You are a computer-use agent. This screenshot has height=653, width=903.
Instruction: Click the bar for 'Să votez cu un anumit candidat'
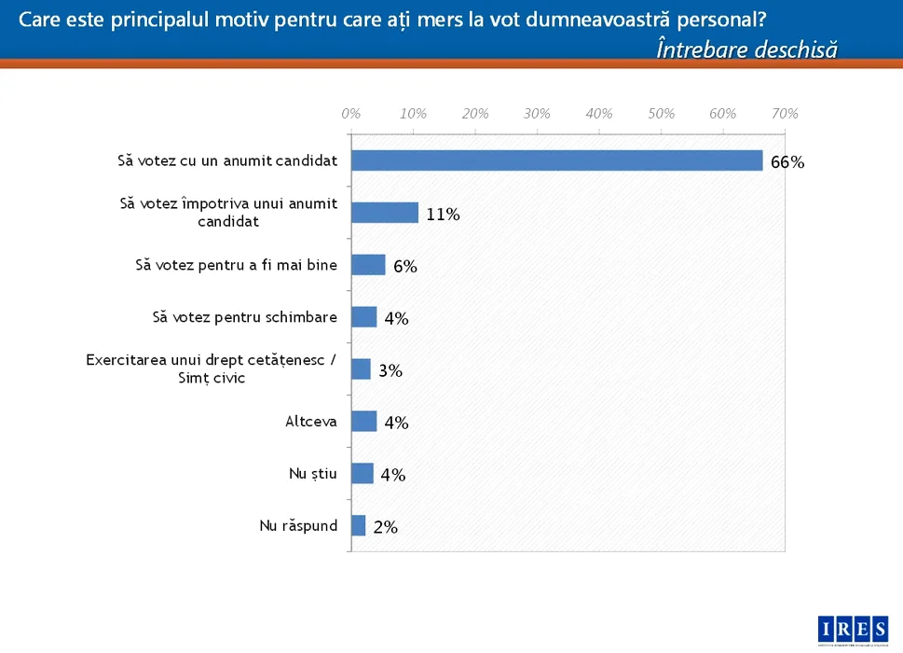click(x=556, y=160)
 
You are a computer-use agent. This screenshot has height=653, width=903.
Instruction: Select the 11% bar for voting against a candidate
click(x=385, y=213)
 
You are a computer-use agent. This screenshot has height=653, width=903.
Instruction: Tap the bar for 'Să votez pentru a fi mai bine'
click(x=368, y=265)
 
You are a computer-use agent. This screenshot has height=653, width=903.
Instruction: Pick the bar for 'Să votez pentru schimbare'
click(x=363, y=317)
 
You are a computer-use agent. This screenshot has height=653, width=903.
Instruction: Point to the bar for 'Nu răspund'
click(x=358, y=526)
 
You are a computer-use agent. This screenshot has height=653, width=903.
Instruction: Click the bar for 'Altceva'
click(x=363, y=422)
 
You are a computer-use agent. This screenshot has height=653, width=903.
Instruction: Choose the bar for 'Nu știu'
click(x=363, y=474)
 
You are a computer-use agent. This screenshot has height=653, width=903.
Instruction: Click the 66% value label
click(x=787, y=162)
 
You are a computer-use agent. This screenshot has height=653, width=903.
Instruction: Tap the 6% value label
click(x=404, y=267)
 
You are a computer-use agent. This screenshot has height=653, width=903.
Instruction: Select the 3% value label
click(x=390, y=371)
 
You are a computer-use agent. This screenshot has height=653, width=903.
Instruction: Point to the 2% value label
click(x=385, y=528)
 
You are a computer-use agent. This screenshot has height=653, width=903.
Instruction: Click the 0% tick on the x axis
click(x=351, y=114)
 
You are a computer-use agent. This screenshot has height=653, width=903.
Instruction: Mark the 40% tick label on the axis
click(x=599, y=114)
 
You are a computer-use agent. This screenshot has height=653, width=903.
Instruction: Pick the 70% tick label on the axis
click(x=785, y=114)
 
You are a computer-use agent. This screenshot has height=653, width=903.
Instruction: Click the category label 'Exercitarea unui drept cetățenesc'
click(x=210, y=361)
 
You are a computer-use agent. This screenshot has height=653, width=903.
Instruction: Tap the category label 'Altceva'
click(x=311, y=422)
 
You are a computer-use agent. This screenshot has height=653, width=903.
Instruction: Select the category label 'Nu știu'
click(x=313, y=474)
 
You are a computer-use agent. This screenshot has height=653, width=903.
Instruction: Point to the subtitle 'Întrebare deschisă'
click(x=746, y=49)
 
